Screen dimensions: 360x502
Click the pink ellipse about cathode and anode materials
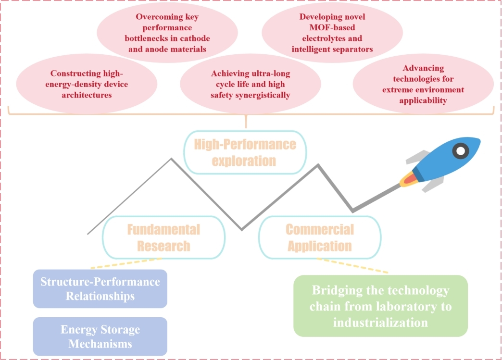[x=167, y=32]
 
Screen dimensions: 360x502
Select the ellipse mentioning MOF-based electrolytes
[x=332, y=32]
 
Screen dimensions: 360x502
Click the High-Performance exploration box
[x=245, y=152]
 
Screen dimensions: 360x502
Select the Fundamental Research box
[x=163, y=237]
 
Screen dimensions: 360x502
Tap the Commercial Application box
[x=320, y=237]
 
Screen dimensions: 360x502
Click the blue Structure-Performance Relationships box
[x=100, y=288]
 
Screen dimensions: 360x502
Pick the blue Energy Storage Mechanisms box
[x=100, y=336]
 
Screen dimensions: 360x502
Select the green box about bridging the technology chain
[x=380, y=306]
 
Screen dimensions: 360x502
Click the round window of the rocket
[x=461, y=151]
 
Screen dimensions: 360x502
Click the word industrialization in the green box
[x=380, y=322]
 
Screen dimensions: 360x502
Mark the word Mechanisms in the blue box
[x=100, y=344]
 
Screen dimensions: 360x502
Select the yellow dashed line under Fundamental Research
[x=126, y=262]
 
